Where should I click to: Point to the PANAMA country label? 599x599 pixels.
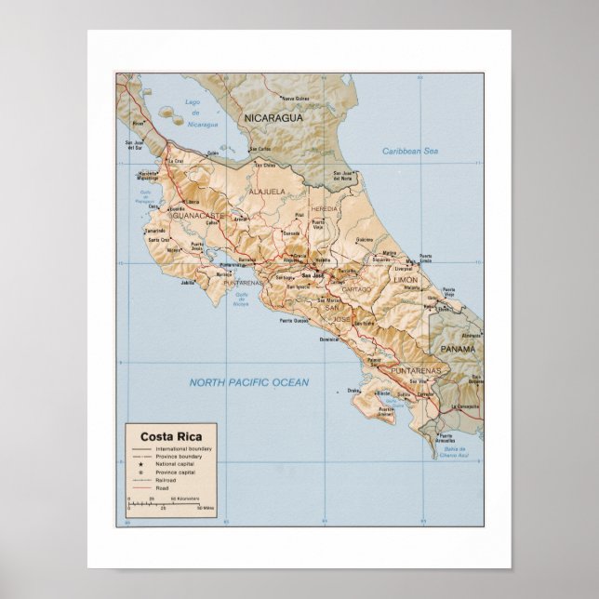459,349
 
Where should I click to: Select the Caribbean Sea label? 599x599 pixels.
410,151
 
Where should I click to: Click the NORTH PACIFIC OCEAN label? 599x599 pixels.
248,382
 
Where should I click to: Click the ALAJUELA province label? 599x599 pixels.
267,192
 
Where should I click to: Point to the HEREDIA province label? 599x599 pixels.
325,209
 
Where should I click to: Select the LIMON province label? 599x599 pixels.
406,279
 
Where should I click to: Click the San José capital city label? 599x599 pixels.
312,275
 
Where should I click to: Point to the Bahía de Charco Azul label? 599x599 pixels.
454,454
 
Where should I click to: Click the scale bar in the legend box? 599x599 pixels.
164,503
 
